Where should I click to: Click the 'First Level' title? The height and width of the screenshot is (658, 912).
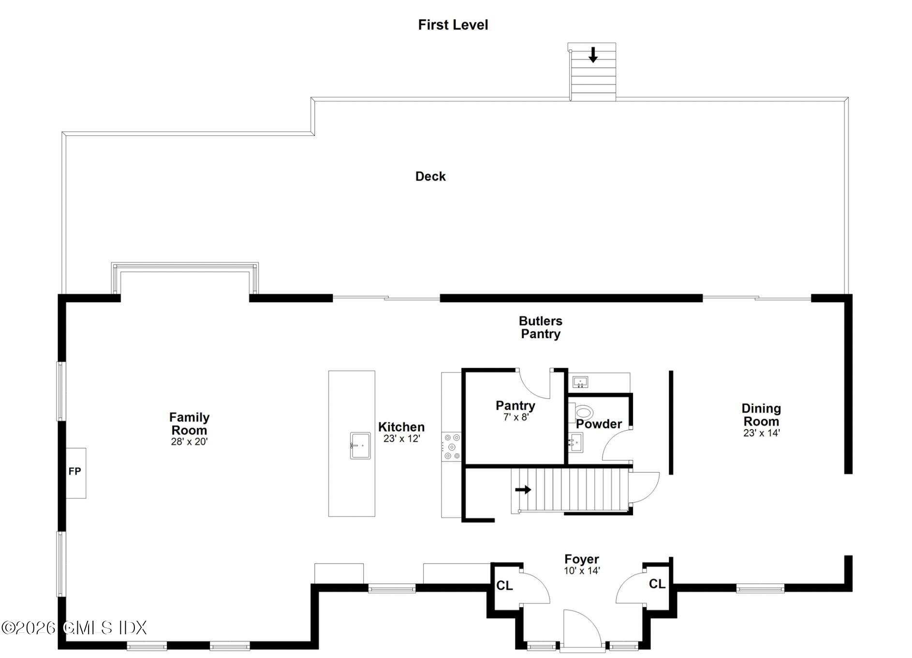coord(453,25)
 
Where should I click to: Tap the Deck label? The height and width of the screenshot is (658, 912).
coord(430,176)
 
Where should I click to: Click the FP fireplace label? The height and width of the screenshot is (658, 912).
coord(74,471)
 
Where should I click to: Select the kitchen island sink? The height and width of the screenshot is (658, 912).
coord(360,446)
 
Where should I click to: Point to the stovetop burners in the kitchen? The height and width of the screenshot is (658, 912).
coord(451,446)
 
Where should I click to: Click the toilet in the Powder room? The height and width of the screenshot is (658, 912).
coord(584,413)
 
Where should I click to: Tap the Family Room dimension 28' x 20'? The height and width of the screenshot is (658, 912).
coord(189,442)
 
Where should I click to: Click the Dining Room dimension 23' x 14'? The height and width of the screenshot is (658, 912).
coord(762,433)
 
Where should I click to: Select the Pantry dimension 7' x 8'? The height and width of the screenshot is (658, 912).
coord(516,417)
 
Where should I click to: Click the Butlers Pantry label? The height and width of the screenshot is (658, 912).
coord(541,328)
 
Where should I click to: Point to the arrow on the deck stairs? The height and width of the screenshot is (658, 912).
coord(593,55)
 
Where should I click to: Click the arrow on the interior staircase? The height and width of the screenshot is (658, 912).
coord(523,490)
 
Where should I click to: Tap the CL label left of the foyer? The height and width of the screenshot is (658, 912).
coord(504,586)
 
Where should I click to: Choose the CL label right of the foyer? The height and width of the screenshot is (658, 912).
coord(657,584)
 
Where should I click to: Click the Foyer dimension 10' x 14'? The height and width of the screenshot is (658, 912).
coord(582,571)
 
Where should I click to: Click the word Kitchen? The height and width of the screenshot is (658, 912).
coord(401,427)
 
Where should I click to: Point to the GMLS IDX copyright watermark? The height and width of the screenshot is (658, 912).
coord(74,628)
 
